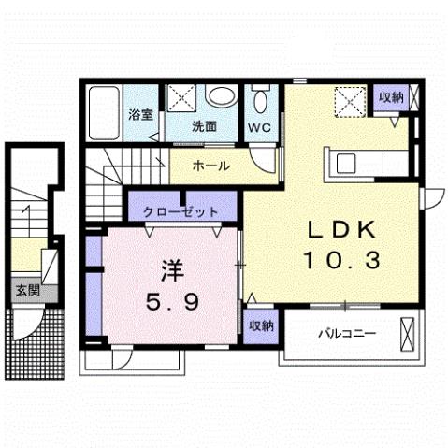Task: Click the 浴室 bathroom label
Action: click(141, 116)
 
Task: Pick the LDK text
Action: click(340, 231)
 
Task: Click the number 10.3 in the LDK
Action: click(340, 261)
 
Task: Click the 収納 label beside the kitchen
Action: click(391, 96)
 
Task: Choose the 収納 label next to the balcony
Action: click(261, 325)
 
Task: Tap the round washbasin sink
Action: click(222, 96)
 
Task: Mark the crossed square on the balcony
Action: click(407, 333)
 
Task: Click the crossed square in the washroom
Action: click(182, 97)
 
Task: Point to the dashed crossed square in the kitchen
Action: click(351, 100)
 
